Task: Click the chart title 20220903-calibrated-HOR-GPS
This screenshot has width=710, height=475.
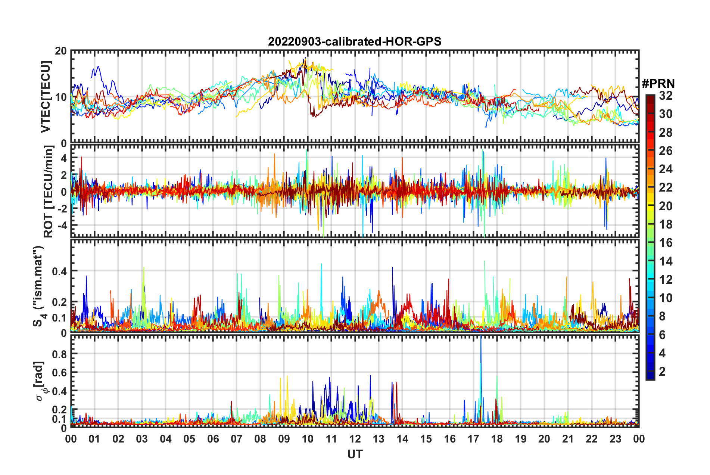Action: point(355,41)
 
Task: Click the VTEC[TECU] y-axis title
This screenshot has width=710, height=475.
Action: point(46,97)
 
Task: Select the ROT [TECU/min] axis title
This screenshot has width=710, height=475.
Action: point(49,192)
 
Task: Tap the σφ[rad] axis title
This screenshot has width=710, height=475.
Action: point(40,381)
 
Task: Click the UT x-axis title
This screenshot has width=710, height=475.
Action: point(355,454)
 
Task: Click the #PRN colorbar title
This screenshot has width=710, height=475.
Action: point(658,84)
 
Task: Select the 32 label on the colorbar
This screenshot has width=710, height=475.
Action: point(666,96)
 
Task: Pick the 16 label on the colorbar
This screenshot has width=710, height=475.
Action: point(666,243)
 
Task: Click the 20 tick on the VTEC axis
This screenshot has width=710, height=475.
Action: point(61,51)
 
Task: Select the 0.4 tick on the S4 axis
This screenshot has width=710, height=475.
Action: point(60,271)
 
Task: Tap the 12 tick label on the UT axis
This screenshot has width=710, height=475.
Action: point(355,439)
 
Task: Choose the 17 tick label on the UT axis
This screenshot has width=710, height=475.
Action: point(473,439)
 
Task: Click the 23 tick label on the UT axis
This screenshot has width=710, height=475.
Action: point(615,439)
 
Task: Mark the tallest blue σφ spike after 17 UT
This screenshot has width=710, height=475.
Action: point(481,338)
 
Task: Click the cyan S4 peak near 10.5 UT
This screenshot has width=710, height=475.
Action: point(321,264)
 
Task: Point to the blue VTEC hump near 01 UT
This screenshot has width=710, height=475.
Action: point(98,67)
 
